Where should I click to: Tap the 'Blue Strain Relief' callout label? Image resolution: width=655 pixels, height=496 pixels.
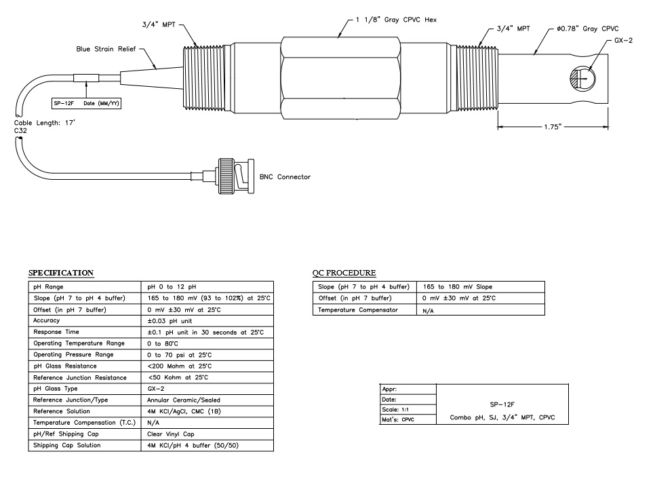[x=106, y=49]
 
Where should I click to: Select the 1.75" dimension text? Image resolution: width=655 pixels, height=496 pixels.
[x=553, y=127]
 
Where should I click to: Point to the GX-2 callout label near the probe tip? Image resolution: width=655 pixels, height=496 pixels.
[x=623, y=41]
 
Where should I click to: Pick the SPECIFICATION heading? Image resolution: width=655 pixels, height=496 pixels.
[x=61, y=273]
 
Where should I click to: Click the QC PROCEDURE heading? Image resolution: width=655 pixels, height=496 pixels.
[x=344, y=273]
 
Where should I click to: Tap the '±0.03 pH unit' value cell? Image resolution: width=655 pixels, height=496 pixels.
[x=170, y=321]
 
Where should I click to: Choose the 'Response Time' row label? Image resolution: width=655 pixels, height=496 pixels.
[x=56, y=332]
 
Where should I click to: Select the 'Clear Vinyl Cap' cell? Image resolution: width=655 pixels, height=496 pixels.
[x=171, y=434]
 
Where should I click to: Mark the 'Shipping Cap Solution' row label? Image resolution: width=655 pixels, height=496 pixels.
[x=67, y=446]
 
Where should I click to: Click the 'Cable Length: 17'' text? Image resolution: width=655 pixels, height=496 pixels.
[x=45, y=123]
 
